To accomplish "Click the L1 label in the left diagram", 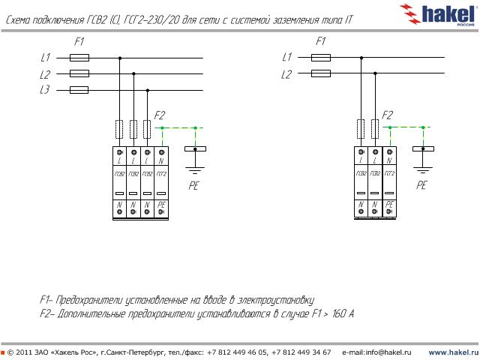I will point(45,57).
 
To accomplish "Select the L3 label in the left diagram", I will point(45,90).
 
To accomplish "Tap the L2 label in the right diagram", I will point(286,74).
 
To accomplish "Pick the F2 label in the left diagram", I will point(159,115).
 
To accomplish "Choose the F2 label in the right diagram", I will point(387,115).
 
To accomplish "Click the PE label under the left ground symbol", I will point(193,184).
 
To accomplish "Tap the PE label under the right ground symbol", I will point(422,184).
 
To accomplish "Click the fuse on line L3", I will point(79,90).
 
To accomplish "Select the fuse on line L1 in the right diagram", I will point(321,57).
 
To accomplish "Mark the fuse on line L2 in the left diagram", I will point(79,73).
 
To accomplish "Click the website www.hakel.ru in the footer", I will point(452,352).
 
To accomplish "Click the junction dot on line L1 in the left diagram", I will point(119,57).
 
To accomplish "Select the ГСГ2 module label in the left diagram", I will point(161,174).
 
